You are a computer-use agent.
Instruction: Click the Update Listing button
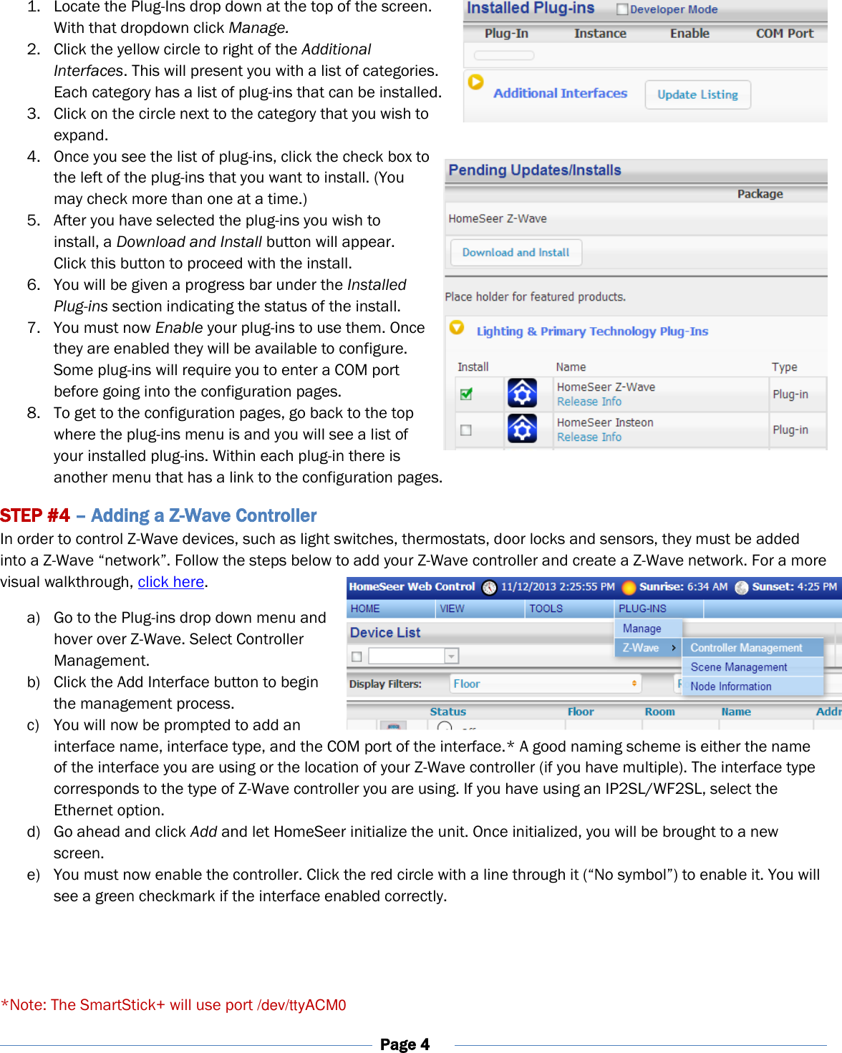coord(697,94)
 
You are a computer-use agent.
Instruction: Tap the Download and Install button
coord(516,253)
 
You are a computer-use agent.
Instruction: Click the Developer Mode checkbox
coord(622,9)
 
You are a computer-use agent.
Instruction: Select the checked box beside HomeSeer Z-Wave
coord(466,394)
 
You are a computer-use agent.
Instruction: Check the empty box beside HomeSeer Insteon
coord(466,430)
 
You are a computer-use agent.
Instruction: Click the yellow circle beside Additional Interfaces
coord(475,82)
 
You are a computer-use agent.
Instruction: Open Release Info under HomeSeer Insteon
coord(589,437)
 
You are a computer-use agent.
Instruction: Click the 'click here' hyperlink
coord(171,582)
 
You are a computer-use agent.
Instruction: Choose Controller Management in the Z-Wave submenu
coord(746,648)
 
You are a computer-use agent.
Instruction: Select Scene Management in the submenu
coord(738,667)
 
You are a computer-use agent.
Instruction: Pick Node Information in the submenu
coord(730,686)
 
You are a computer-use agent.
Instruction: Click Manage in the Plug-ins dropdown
coord(642,629)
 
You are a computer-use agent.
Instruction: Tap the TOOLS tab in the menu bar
coord(546,608)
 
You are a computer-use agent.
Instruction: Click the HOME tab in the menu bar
coord(365,608)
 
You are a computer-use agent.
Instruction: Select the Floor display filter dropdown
coord(544,684)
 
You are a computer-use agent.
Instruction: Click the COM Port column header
coord(784,34)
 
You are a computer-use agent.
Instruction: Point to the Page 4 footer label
coord(405,1044)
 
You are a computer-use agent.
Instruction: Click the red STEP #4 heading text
coord(35,516)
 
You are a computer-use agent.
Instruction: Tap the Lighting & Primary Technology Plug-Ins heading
coord(592,331)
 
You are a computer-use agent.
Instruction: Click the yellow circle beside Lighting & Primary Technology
coord(456,328)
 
